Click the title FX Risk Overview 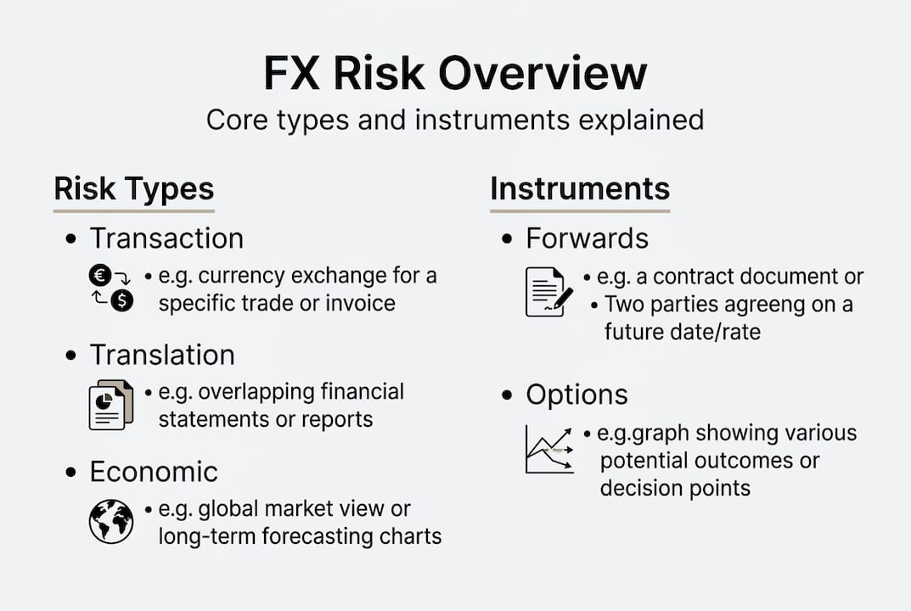[455, 74]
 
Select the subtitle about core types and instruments [455, 120]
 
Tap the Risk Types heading [133, 188]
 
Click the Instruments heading [580, 188]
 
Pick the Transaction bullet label [166, 238]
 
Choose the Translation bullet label [162, 355]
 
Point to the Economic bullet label [154, 472]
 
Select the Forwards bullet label [587, 238]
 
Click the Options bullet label [576, 395]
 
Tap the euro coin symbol [99, 275]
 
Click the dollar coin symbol [122, 300]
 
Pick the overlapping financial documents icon [111, 404]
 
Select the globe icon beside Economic [111, 521]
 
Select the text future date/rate [682, 331]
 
